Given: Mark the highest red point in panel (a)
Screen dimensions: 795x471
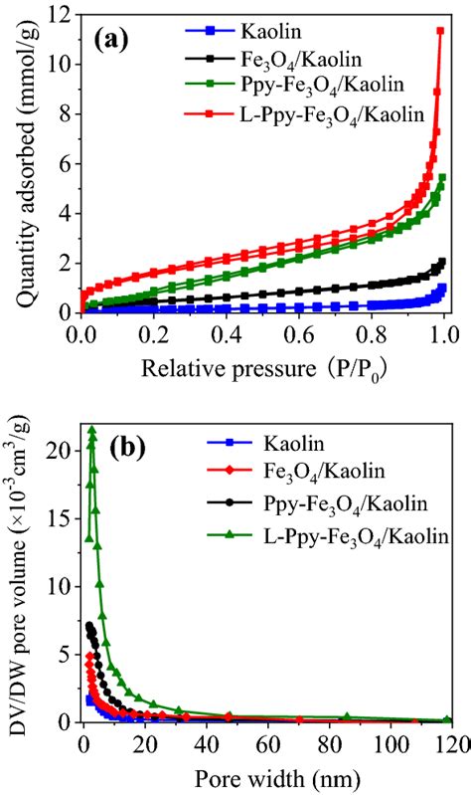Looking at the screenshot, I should tap(440, 31).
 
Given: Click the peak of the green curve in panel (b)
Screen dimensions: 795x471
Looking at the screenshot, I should tap(92, 430).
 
